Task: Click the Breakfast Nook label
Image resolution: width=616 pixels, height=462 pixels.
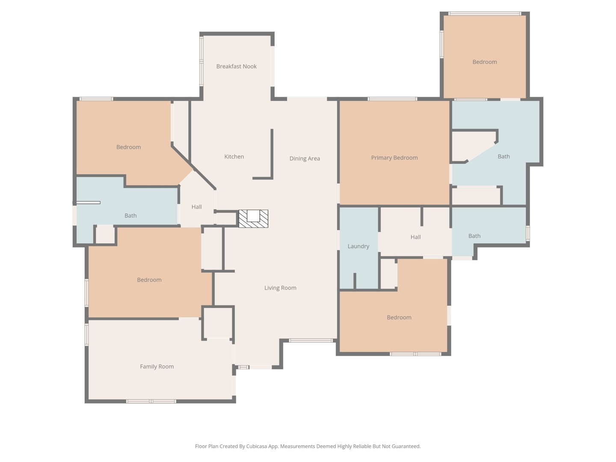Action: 236,66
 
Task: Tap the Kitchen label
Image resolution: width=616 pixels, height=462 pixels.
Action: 234,157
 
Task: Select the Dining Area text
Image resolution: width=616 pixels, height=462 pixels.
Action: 305,158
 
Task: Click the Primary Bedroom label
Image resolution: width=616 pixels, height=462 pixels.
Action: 394,157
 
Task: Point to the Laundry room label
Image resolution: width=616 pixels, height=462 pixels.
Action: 358,246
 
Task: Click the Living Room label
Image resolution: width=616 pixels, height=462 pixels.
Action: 280,287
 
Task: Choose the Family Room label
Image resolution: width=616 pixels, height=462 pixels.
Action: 157,366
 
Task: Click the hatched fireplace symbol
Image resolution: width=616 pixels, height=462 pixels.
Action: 253,219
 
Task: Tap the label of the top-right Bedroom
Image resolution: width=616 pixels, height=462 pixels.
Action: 484,62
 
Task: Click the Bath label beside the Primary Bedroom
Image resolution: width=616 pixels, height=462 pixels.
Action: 503,156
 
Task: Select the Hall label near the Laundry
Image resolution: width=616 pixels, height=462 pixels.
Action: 415,237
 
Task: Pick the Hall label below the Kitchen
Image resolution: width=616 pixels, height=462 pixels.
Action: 196,207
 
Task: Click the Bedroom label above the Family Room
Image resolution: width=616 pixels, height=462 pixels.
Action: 149,280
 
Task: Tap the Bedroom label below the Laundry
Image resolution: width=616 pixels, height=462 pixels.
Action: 399,317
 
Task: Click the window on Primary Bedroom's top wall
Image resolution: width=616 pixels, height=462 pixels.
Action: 392,99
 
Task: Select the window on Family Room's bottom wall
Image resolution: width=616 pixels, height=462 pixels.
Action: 151,401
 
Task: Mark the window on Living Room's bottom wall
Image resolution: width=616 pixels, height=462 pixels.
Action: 311,341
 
